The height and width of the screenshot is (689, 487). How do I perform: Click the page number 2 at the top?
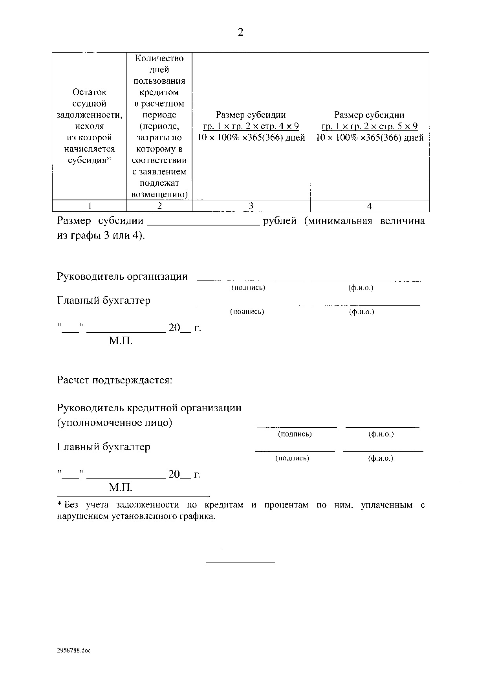point(241,32)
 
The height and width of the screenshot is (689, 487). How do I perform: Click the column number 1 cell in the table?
point(90,206)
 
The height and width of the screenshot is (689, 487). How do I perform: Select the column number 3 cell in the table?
point(251,206)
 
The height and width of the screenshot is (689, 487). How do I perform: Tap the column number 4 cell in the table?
point(369,206)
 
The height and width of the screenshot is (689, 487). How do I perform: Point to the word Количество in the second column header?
point(159,59)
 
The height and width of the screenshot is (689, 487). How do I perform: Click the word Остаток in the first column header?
point(90,92)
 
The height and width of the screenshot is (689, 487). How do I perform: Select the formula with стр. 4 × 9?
point(251,126)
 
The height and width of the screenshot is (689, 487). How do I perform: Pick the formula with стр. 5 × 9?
point(369,126)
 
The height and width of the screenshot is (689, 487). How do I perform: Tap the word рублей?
point(280,221)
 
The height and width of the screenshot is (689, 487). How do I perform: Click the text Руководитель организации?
point(122,277)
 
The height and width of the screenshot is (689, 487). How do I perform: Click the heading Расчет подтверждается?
point(115,380)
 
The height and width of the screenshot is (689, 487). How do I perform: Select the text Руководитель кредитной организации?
point(149,408)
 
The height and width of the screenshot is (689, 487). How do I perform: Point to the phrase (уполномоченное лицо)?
point(115,423)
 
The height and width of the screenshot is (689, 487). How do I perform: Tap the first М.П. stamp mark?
point(121,341)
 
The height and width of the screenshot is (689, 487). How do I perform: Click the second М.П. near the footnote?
point(121,488)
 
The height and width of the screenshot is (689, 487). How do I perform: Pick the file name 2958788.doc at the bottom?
point(74,651)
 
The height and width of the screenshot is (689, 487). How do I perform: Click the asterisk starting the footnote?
point(60,504)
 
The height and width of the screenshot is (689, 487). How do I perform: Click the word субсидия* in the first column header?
point(90,161)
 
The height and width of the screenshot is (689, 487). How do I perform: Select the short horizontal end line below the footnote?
point(240,563)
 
